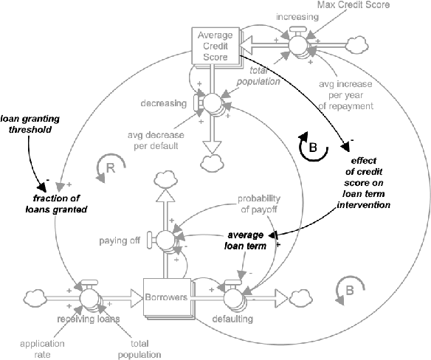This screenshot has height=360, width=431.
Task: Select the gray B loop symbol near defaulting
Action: pos(349,289)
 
